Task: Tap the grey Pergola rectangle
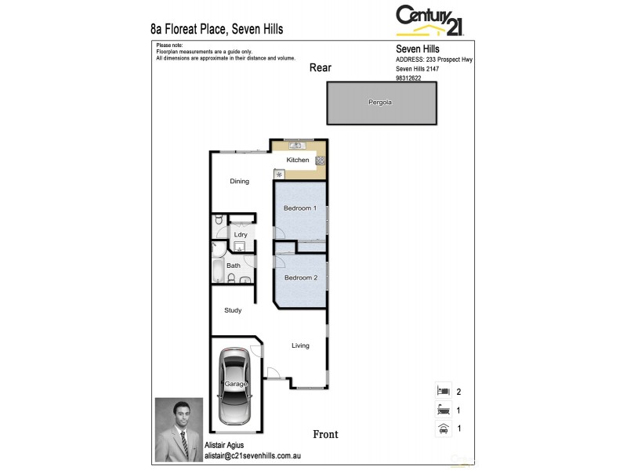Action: (x=382, y=103)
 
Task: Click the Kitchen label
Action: (x=298, y=160)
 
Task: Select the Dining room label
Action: (x=239, y=181)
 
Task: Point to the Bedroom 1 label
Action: (x=299, y=208)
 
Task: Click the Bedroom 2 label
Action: (x=300, y=278)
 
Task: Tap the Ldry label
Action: (x=241, y=234)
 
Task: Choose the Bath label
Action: (x=234, y=266)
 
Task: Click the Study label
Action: (x=233, y=310)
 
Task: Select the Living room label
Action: (x=301, y=345)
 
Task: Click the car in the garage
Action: (x=236, y=385)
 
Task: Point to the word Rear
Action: (x=321, y=68)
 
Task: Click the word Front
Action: (x=325, y=434)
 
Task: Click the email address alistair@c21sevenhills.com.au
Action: (x=252, y=455)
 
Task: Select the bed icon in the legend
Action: (x=443, y=390)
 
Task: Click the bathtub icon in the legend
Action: (x=443, y=410)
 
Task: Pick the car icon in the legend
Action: (x=443, y=428)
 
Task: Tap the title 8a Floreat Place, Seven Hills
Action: (x=216, y=29)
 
